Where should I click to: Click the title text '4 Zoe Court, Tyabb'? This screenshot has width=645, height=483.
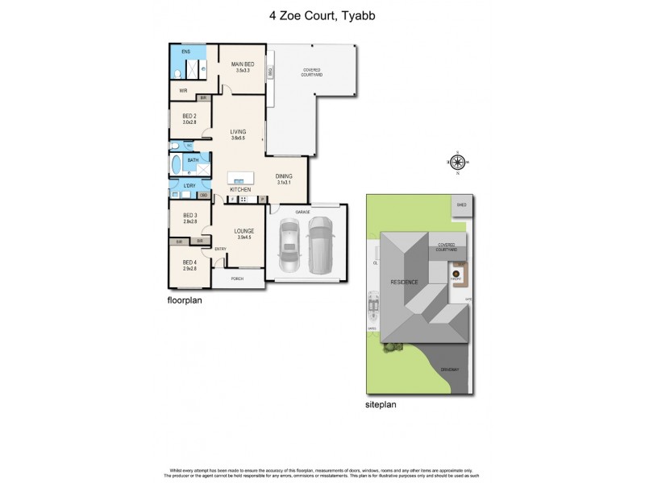tap(322, 14)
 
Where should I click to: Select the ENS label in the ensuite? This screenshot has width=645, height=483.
tap(185, 52)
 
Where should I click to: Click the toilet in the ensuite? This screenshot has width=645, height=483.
tap(177, 74)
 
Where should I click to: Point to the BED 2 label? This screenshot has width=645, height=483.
tap(189, 118)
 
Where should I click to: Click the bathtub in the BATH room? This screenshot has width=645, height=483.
tap(177, 166)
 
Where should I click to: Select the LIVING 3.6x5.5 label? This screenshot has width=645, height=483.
tap(238, 134)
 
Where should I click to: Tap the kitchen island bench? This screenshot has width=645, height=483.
tap(240, 178)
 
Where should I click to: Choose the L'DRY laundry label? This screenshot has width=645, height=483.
tap(189, 186)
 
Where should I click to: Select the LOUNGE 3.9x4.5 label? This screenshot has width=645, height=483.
tap(244, 233)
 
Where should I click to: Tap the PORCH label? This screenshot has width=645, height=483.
tap(237, 279)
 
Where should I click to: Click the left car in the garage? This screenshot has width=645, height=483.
tap(289, 246)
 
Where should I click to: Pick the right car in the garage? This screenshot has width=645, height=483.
tap(322, 246)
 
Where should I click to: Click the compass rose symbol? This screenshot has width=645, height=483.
tap(457, 163)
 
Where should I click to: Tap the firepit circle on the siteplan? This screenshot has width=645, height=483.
tap(456, 274)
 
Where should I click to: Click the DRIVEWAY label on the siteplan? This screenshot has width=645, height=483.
tap(449, 369)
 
